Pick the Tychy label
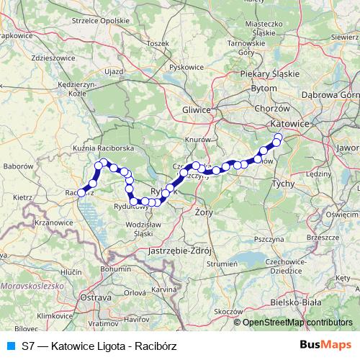283,184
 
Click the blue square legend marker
8,346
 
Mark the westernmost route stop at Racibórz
82,193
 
